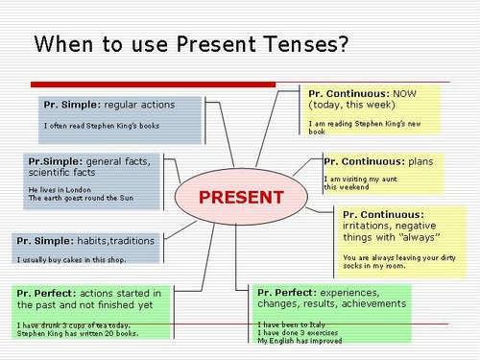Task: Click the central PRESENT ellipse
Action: coord(241,198)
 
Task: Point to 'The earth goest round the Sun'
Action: coord(81,199)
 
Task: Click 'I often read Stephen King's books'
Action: coord(101,125)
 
